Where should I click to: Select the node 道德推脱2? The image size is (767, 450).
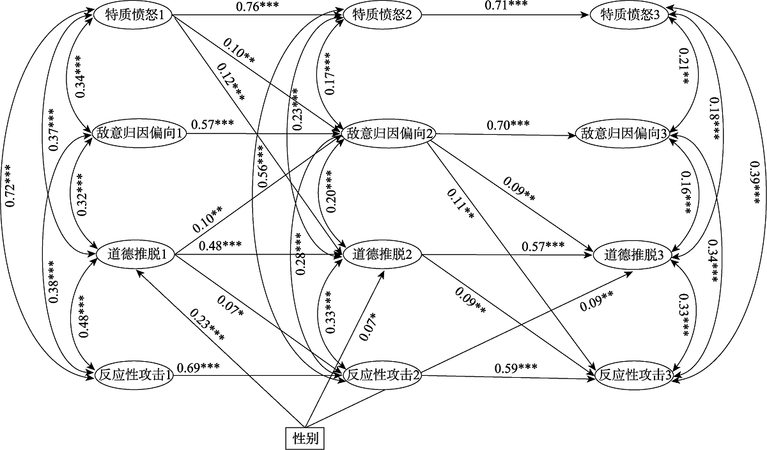(382, 254)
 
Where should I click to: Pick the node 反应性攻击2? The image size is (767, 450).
(382, 375)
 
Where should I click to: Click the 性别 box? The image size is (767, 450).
(305, 438)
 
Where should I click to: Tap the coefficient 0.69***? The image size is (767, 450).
(199, 367)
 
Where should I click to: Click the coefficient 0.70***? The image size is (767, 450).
(509, 126)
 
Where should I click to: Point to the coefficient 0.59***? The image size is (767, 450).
(515, 368)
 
